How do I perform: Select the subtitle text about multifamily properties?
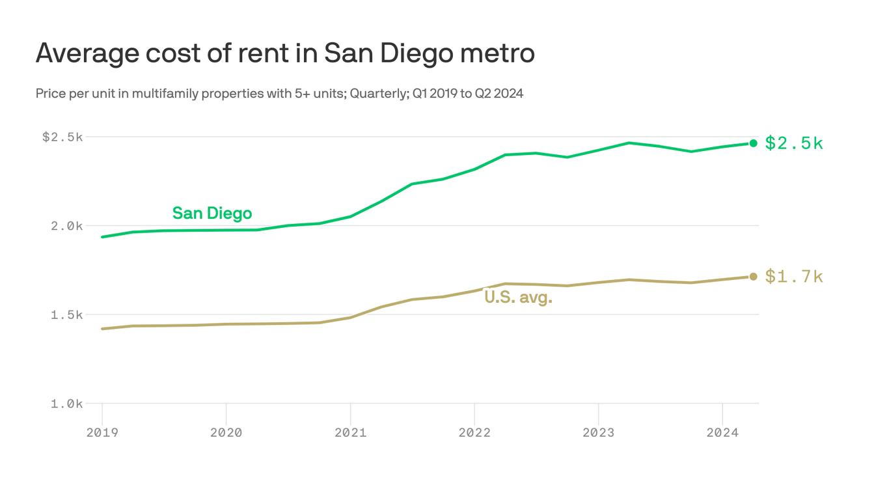pyautogui.click(x=279, y=94)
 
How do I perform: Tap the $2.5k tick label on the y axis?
pyautogui.click(x=62, y=137)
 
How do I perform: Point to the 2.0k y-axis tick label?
pyautogui.click(x=67, y=226)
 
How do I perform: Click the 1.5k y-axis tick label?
pyautogui.click(x=67, y=315)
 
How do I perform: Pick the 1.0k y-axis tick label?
pyautogui.click(x=67, y=404)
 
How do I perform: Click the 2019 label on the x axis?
pyautogui.click(x=102, y=433)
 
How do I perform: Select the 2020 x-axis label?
pyautogui.click(x=226, y=433)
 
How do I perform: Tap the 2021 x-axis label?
pyautogui.click(x=350, y=433)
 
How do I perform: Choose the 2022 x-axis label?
pyautogui.click(x=474, y=433)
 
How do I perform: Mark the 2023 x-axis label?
pyautogui.click(x=598, y=433)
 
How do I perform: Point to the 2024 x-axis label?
pyautogui.click(x=722, y=433)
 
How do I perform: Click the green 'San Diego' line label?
pyautogui.click(x=212, y=214)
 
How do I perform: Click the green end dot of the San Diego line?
pyautogui.click(x=753, y=143)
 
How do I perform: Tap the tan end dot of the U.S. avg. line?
pyautogui.click(x=753, y=277)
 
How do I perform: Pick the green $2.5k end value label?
pyautogui.click(x=794, y=143)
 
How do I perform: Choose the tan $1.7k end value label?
pyautogui.click(x=794, y=277)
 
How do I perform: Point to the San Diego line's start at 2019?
pyautogui.click(x=103, y=237)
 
